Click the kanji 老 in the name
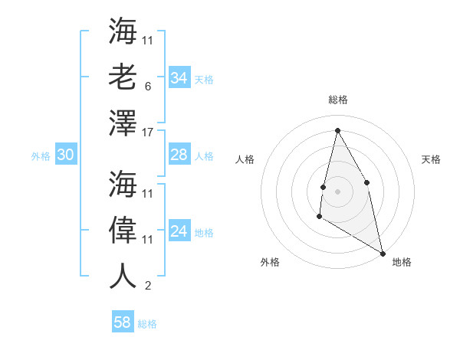click(123, 76)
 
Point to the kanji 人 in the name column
click(123, 275)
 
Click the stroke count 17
click(149, 133)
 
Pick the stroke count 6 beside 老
click(148, 87)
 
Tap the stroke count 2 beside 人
click(148, 286)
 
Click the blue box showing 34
click(179, 78)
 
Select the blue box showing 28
click(179, 155)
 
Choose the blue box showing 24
click(179, 231)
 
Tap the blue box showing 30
click(66, 155)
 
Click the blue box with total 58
click(123, 322)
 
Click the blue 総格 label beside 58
click(147, 324)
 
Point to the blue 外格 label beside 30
click(41, 156)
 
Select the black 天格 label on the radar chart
click(431, 159)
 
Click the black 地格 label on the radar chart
click(402, 262)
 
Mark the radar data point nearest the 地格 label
click(383, 253)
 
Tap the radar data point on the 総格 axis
click(337, 130)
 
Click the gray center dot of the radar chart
click(337, 191)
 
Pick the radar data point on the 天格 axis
click(367, 182)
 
